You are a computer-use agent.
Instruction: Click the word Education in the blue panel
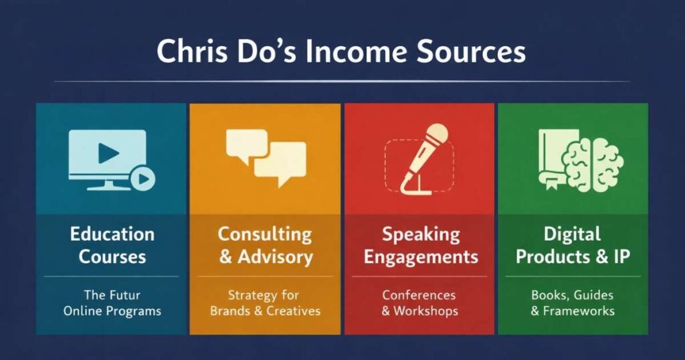[x=112, y=234]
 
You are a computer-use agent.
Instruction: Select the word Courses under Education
[x=112, y=256]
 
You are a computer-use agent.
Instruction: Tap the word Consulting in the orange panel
[x=265, y=234]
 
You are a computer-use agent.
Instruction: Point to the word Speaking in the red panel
[x=421, y=234]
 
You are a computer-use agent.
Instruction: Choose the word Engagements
[x=421, y=256]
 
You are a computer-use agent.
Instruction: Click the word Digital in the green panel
[x=573, y=234]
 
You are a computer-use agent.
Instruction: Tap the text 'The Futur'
[x=112, y=294]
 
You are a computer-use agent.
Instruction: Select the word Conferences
[x=419, y=294]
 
